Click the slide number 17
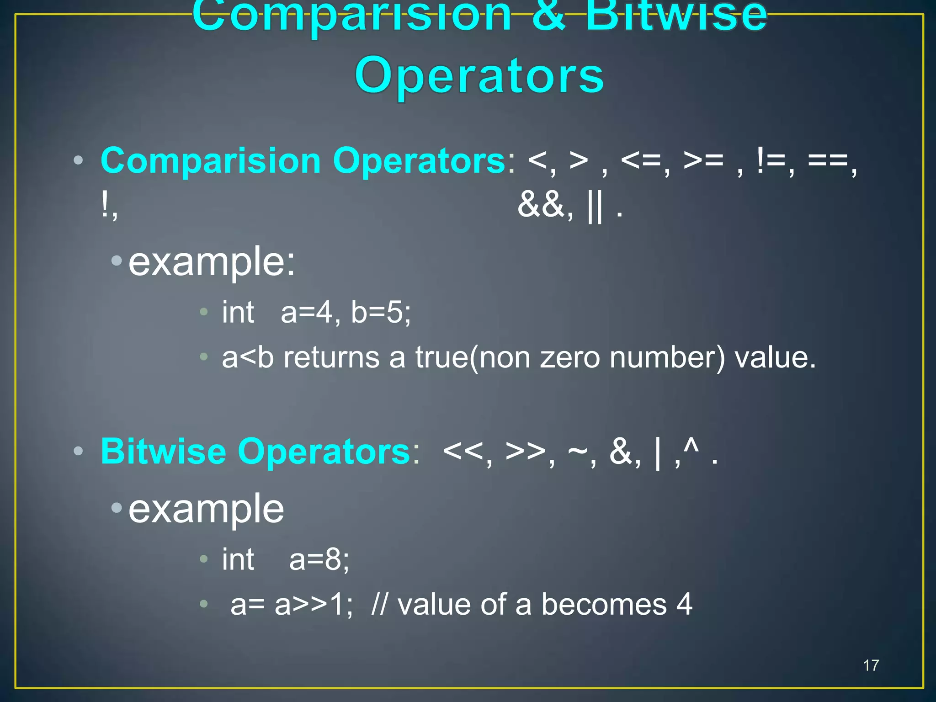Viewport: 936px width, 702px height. [x=871, y=665]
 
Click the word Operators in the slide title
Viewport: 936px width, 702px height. [x=479, y=76]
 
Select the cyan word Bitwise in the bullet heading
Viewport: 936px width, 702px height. [x=163, y=452]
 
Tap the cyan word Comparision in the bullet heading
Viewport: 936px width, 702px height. [x=211, y=161]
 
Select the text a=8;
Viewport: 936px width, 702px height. [x=319, y=559]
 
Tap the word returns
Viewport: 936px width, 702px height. [x=331, y=357]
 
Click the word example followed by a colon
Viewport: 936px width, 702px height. [x=212, y=262]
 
